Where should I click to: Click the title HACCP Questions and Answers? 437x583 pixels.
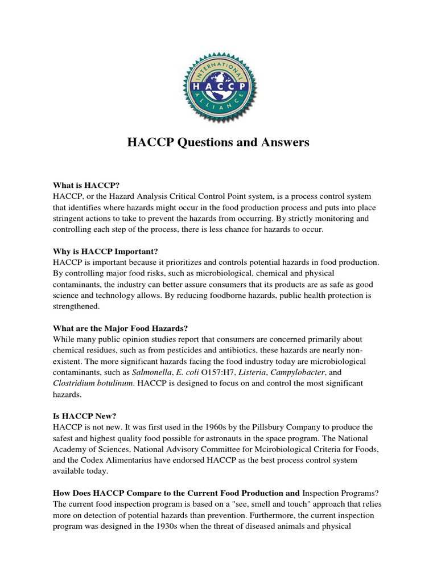tap(218, 142)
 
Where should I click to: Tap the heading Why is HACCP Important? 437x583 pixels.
tap(105, 251)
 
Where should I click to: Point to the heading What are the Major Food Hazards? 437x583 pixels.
tap(120, 328)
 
